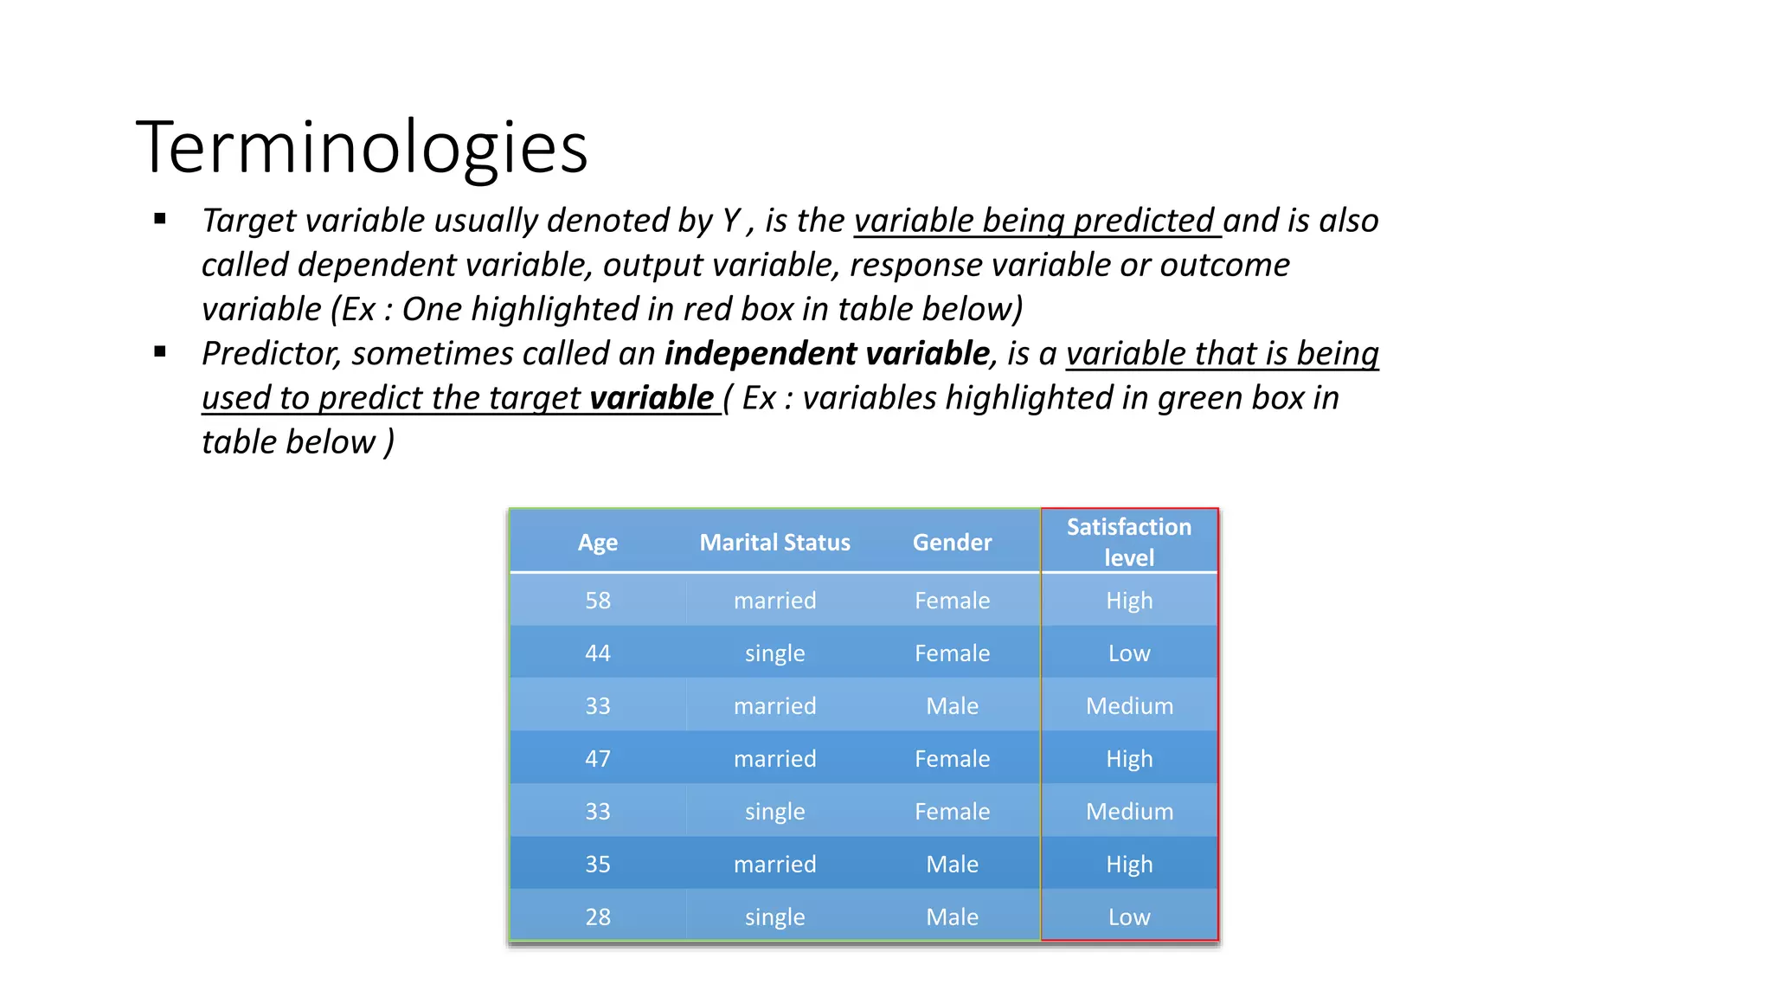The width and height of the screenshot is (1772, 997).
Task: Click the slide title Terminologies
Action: [362, 147]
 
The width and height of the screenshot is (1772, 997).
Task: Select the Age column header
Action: [598, 543]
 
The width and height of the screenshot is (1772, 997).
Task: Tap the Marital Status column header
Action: [774, 543]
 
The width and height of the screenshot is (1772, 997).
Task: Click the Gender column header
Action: [952, 543]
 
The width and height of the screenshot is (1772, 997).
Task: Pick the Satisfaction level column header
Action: [1129, 542]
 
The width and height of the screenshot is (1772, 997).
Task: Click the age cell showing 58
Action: [598, 601]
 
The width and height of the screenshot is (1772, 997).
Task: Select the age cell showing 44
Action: [598, 653]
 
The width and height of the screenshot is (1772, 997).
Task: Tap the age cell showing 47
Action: [598, 759]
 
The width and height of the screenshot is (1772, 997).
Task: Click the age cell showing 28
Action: [598, 917]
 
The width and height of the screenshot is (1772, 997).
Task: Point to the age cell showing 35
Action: [598, 865]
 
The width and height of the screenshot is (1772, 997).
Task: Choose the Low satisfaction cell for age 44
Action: [1129, 653]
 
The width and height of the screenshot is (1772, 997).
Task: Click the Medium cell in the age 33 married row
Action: [1129, 706]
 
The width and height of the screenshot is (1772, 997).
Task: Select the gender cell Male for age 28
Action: [952, 917]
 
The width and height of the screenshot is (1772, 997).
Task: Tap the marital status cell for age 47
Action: [774, 759]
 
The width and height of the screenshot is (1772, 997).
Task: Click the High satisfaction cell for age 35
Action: [1129, 865]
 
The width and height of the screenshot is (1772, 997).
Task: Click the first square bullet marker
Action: [160, 219]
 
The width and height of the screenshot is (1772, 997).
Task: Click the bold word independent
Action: [760, 354]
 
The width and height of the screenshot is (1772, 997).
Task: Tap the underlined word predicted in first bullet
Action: [1144, 222]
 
